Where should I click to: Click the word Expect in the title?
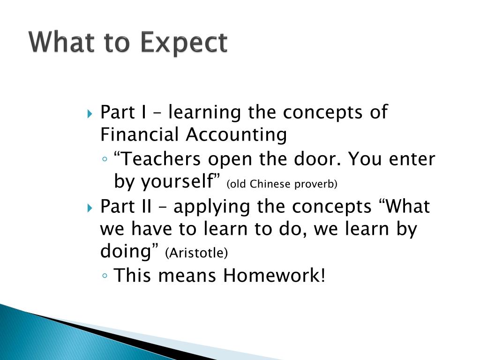[x=184, y=43]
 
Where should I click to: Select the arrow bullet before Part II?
[x=90, y=209]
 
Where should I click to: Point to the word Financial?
[x=140, y=135]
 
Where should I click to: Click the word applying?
[x=212, y=207]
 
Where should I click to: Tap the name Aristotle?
[x=196, y=253]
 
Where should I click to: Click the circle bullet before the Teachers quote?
[x=105, y=159]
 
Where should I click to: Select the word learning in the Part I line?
[x=204, y=112]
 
